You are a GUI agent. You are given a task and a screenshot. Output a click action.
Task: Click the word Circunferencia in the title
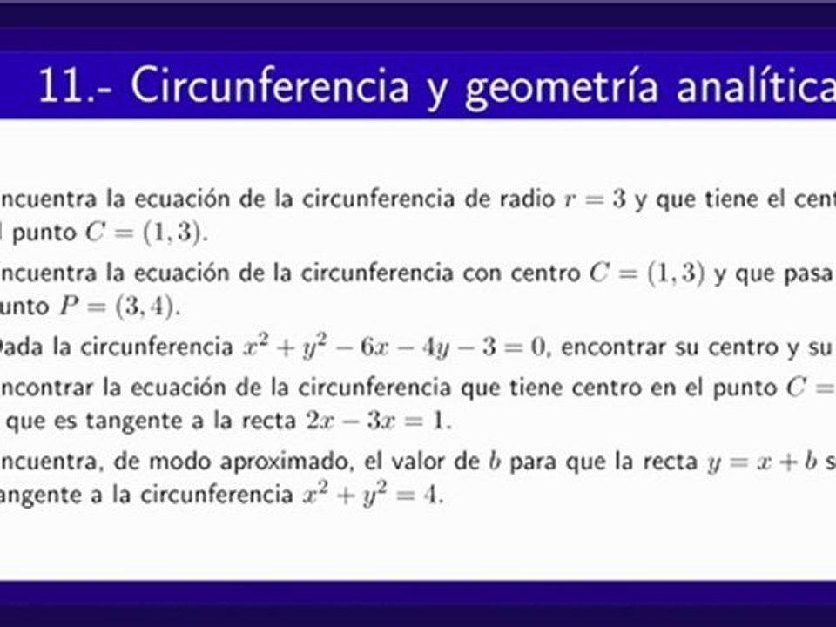point(269,87)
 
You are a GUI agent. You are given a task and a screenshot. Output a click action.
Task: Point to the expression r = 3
point(594,199)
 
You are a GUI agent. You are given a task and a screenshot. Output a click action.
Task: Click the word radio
point(522,199)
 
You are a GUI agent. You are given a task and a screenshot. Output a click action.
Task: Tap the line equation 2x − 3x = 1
point(379,422)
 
